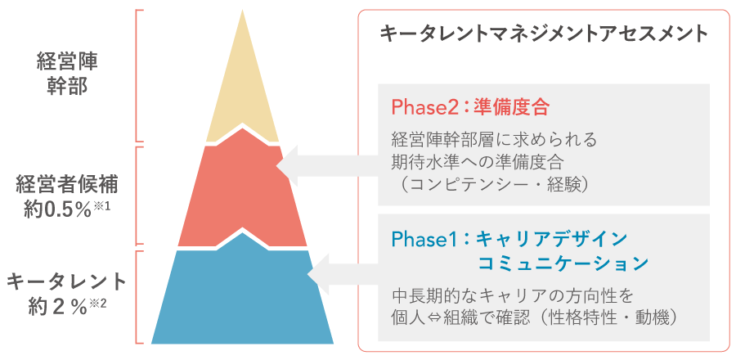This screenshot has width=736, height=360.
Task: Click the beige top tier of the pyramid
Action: click(242, 94)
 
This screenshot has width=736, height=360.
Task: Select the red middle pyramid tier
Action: click(242, 192)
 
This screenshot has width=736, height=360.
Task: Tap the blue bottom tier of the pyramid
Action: click(242, 295)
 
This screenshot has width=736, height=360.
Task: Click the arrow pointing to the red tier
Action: click(329, 167)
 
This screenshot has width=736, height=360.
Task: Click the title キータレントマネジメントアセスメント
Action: click(544, 34)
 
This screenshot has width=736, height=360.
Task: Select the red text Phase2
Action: click(421, 108)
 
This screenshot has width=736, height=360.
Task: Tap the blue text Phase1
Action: click(421, 240)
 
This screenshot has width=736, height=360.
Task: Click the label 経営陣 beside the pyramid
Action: click(67, 63)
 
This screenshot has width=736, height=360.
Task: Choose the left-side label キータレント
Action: click(67, 283)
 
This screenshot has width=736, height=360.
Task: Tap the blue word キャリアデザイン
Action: click(552, 240)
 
